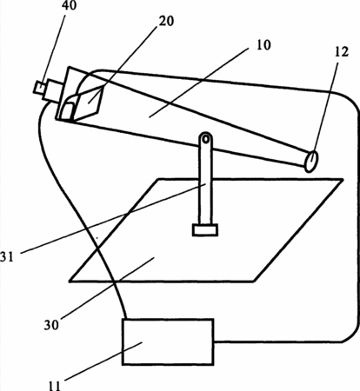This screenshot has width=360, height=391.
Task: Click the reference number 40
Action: coord(70,5)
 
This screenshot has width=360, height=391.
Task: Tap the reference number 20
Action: coord(166,21)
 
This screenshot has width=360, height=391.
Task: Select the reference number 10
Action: coord(263,45)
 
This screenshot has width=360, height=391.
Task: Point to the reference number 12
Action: coord(341,52)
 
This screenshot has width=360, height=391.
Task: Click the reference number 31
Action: coord(6,256)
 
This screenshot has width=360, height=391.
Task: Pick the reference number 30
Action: coord(51,325)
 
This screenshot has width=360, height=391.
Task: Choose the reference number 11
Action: coord(54,386)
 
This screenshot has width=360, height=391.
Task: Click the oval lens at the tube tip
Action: coord(311,161)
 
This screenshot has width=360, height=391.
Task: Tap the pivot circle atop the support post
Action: coord(205,139)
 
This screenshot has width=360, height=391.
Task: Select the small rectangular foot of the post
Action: coord(205,230)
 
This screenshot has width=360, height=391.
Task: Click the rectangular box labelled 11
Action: coord(168,341)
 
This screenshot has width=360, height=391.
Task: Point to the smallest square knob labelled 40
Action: coord(39,87)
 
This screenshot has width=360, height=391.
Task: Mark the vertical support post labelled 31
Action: coord(205,179)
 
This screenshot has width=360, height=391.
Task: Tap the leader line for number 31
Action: coord(113,218)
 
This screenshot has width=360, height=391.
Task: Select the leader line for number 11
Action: coord(103,361)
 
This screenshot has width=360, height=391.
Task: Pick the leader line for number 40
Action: coord(54,49)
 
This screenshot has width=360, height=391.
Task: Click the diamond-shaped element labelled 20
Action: coord(87,103)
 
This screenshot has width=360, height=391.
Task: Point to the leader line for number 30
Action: coord(107,288)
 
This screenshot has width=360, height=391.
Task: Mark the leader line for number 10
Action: coord(198,83)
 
